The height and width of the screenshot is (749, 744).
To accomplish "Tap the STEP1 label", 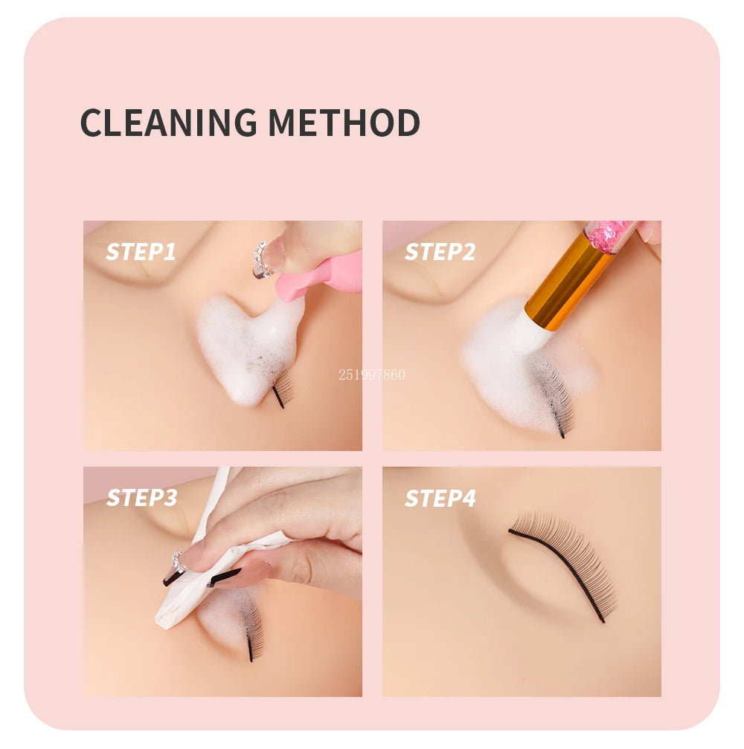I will [x=141, y=252].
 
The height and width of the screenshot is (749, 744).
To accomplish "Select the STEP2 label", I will [x=440, y=252].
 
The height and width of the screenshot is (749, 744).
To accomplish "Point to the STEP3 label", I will [x=141, y=497].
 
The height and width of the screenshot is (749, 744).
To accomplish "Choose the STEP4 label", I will [x=440, y=497].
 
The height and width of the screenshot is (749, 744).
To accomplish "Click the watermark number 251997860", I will [x=372, y=374].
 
